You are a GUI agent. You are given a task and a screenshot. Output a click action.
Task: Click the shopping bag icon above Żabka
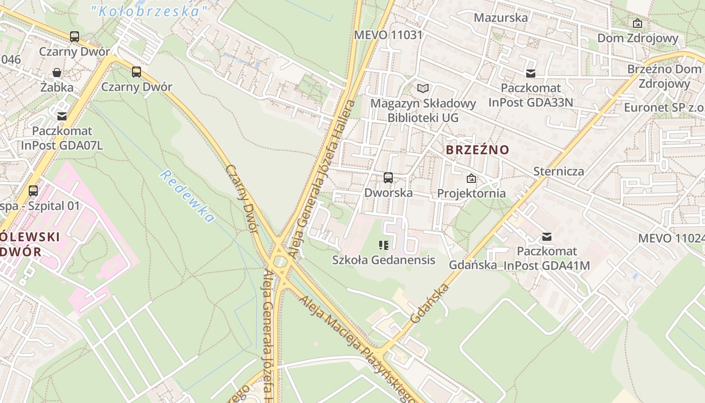pos(57,73)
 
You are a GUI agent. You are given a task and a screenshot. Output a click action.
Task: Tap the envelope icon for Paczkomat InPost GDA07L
pos(62,116)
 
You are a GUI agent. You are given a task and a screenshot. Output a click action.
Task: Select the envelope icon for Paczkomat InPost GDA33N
pos(530,73)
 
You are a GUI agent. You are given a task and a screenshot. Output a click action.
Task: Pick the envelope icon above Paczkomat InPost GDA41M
pos(546,236)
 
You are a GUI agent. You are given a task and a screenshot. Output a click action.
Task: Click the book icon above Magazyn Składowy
pos(423,89)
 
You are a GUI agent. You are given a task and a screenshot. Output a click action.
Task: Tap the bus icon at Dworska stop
pos(388,177)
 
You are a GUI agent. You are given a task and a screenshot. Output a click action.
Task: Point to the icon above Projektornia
pos(471,178)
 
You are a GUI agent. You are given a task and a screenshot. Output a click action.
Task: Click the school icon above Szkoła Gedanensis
pos(384,245)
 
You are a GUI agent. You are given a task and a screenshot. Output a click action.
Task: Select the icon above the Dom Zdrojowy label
pos(637,23)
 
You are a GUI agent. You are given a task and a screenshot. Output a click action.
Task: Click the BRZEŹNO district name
pos(477,150)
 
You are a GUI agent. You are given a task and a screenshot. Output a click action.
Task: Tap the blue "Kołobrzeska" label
pos(150,11)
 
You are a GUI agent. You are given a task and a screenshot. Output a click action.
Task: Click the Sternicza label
pos(558,171)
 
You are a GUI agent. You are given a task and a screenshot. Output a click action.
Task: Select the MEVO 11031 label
pos(388,35)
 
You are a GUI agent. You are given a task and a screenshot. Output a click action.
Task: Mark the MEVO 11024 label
pos(671,238)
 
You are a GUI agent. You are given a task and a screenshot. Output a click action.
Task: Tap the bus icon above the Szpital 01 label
pos(33,190)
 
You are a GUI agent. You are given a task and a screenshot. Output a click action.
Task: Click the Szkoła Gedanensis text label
pos(384,260)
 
